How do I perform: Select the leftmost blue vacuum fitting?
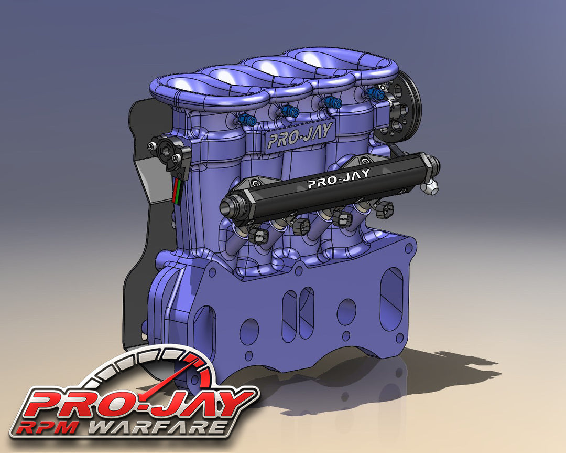point(247,120)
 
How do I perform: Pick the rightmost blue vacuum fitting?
point(375,94)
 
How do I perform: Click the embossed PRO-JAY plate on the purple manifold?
point(300,136)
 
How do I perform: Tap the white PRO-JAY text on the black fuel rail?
point(338,178)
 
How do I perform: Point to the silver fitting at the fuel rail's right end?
point(432,187)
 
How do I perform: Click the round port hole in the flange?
point(346,311)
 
